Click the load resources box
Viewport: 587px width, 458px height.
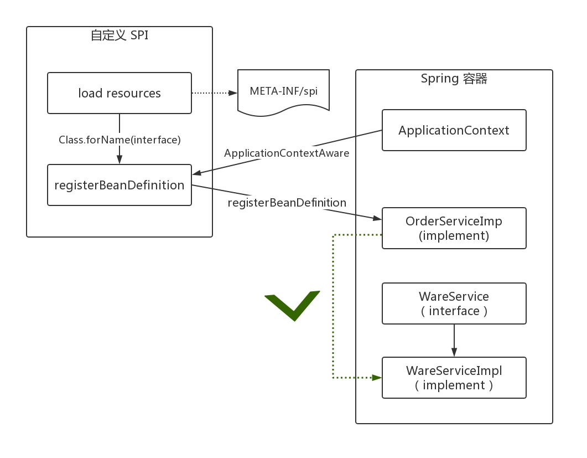[x=120, y=93]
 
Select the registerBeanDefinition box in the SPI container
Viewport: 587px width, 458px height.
[x=120, y=185]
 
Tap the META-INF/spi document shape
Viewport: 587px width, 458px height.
[x=283, y=92]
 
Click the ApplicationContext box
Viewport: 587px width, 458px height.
[x=454, y=130]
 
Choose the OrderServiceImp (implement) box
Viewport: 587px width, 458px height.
[x=454, y=228]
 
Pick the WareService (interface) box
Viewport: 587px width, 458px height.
[x=454, y=303]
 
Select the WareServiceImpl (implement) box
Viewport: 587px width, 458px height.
[x=454, y=378]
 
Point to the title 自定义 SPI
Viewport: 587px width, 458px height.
[x=120, y=36]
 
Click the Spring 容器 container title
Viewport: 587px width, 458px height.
[x=454, y=79]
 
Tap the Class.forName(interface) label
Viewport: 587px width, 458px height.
[x=120, y=140]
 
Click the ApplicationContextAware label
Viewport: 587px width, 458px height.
[x=287, y=153]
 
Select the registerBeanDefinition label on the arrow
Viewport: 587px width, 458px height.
[x=287, y=203]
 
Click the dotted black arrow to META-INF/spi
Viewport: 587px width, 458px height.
[x=213, y=93]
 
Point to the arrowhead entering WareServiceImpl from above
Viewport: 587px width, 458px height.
[x=454, y=352]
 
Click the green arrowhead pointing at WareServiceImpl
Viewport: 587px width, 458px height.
[x=377, y=378]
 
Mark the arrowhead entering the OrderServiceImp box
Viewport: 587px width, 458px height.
[x=377, y=219]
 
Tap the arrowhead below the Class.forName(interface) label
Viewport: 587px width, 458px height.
[x=120, y=159]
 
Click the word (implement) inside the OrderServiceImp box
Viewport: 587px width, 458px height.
[x=454, y=235]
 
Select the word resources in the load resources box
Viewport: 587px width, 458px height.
[x=133, y=93]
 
